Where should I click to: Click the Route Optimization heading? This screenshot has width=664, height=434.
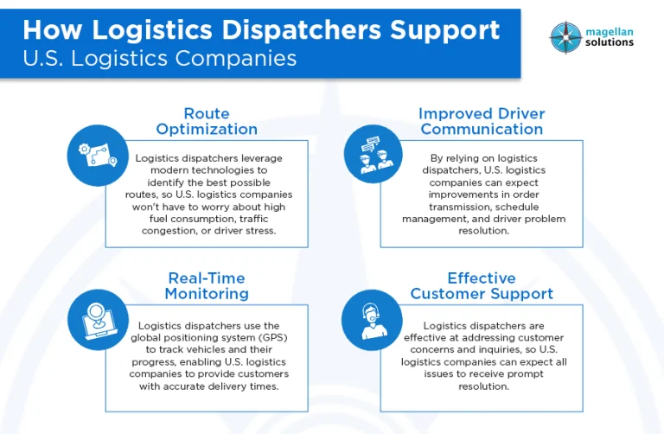207,122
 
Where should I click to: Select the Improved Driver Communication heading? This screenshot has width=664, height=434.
481,122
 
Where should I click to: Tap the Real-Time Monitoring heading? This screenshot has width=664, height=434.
207,286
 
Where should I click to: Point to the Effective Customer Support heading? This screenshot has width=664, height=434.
482,286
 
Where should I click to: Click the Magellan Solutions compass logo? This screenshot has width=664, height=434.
565,36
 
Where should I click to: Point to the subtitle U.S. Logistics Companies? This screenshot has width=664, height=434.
159,59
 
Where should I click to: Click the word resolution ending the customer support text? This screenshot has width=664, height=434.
482,386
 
